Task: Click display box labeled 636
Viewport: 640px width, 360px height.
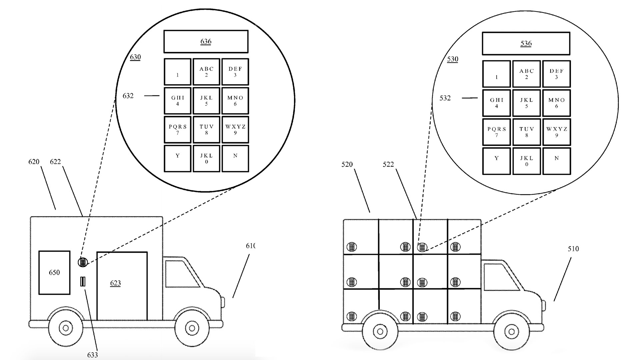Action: click(x=206, y=42)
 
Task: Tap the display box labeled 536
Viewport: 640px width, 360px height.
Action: click(x=526, y=44)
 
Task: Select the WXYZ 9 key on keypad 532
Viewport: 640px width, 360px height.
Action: click(x=556, y=132)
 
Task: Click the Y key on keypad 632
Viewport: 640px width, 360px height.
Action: click(x=177, y=158)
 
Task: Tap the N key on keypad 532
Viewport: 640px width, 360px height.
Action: click(x=556, y=161)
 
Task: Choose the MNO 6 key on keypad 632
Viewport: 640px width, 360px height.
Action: click(x=235, y=101)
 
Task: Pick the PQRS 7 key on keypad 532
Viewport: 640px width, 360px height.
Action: click(x=496, y=132)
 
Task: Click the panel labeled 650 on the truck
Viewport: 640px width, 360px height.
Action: click(x=54, y=273)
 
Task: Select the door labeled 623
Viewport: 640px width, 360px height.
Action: click(x=122, y=286)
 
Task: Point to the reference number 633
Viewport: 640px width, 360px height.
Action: click(x=92, y=355)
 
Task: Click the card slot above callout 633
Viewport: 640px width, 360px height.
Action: click(x=82, y=282)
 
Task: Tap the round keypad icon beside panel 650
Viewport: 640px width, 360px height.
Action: click(x=83, y=262)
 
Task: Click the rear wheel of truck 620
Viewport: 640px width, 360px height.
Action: click(x=66, y=328)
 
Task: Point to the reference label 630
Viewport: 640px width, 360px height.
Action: click(x=135, y=57)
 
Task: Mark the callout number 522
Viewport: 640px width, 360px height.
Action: click(x=388, y=164)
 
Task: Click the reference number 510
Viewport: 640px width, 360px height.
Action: click(x=573, y=249)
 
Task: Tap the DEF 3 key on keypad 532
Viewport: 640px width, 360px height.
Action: click(x=556, y=74)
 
